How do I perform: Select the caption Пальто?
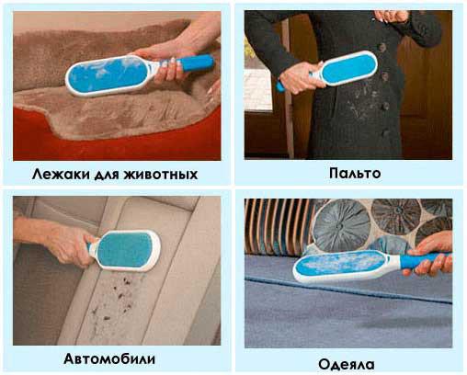[355, 173]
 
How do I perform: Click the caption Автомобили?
[109, 358]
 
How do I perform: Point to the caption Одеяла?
[347, 365]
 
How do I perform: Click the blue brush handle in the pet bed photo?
[196, 63]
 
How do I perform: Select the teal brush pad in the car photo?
[124, 250]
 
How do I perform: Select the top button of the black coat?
[382, 47]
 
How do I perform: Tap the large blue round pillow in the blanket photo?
[341, 222]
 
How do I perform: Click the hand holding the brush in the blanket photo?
[432, 255]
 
